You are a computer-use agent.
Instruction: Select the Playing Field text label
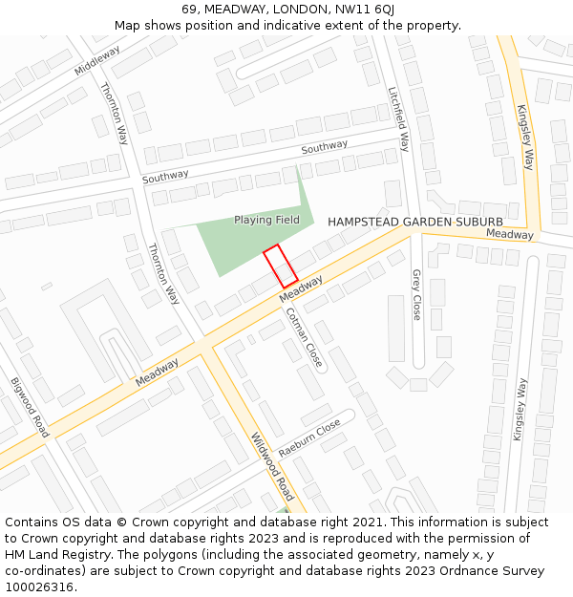[266, 220]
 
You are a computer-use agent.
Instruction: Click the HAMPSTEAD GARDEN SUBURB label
[415, 222]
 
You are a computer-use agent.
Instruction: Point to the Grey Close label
[416, 293]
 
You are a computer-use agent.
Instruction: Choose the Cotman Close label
[305, 336]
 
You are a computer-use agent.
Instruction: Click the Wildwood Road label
[272, 465]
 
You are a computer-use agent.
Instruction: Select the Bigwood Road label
[30, 407]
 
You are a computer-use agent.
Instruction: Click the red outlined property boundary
[281, 266]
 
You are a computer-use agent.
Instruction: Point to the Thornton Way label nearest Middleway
[114, 113]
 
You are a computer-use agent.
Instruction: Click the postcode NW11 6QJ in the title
[365, 10]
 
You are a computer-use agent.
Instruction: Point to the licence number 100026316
[39, 587]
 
